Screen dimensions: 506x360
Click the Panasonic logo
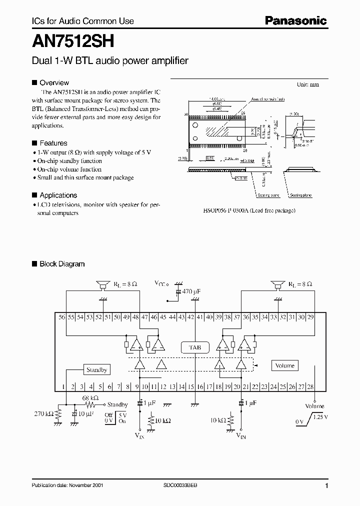click(x=295, y=20)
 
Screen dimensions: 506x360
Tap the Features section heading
click(x=53, y=143)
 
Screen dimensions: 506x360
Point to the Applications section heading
click(x=58, y=195)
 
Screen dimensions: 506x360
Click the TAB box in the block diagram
click(x=194, y=346)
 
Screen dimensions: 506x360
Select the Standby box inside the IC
click(x=96, y=370)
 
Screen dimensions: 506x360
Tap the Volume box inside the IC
click(x=284, y=365)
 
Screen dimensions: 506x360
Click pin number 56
click(x=62, y=317)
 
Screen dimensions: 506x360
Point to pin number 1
click(x=63, y=386)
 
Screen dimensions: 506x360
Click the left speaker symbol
click(x=103, y=284)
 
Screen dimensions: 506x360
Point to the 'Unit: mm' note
click(x=307, y=84)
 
